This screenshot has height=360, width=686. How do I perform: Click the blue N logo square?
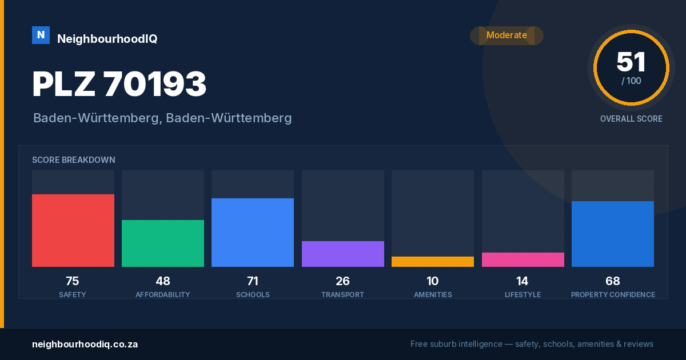(41, 35)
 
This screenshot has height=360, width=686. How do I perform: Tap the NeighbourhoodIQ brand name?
(107, 39)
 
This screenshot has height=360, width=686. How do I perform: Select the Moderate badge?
(506, 35)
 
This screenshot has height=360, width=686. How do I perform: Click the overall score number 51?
(631, 62)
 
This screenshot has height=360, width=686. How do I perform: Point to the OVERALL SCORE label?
(631, 119)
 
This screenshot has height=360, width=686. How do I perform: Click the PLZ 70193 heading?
(119, 83)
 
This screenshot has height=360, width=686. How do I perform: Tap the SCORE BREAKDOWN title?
(74, 160)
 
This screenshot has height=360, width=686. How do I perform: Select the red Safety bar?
(73, 230)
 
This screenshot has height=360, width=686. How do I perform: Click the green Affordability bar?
(163, 243)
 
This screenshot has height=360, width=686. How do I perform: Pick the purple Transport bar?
(343, 254)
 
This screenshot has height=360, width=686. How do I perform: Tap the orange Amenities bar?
(433, 262)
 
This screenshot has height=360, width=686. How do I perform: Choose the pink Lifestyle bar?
(523, 259)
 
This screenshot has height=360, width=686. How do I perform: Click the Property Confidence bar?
(613, 234)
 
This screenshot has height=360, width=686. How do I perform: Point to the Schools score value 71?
(253, 281)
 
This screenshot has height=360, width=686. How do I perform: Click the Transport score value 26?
(342, 281)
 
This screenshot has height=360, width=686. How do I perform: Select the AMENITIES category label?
(433, 294)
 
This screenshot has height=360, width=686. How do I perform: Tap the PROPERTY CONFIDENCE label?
(613, 294)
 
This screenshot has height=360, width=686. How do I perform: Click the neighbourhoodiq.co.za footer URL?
(85, 345)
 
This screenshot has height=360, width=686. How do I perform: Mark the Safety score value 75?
(73, 281)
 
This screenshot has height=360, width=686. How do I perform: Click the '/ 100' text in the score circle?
(631, 81)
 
